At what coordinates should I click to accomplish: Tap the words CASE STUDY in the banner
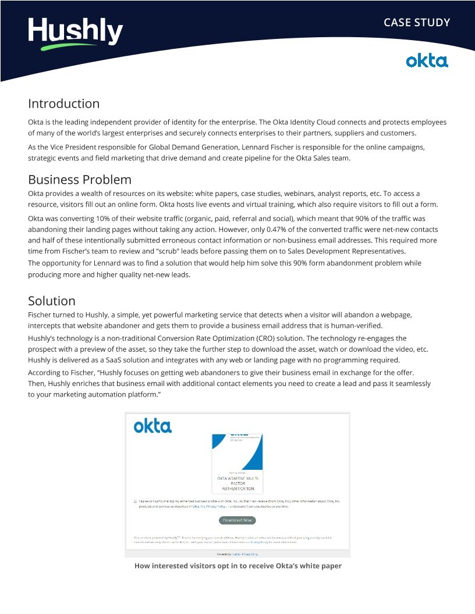point(416,23)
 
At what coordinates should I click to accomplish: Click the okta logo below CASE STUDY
point(427,60)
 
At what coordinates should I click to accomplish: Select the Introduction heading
point(63,103)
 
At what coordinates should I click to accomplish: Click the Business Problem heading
point(80,179)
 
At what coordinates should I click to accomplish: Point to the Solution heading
point(52,301)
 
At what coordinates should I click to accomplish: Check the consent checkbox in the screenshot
point(135,501)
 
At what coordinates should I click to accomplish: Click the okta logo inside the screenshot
point(153,426)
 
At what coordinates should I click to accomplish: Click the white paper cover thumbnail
point(237,463)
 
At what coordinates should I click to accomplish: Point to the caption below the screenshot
point(238,566)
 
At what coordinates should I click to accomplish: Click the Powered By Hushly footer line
point(237,554)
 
